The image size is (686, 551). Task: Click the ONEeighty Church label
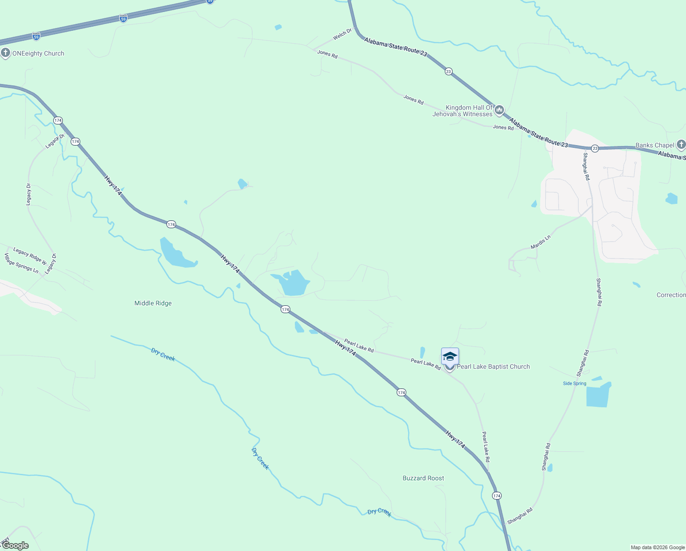pos(38,54)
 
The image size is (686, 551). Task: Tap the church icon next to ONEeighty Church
pos(6,53)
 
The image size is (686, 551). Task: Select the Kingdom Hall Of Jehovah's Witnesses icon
pos(499,110)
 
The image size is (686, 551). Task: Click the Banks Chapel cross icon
pos(681,145)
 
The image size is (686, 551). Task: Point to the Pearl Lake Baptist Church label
pos(493,366)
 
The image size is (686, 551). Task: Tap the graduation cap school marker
pos(450,357)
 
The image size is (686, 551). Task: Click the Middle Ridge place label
pos(153,303)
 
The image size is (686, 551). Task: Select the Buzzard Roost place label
pos(423,478)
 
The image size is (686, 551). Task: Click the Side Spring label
pos(575,383)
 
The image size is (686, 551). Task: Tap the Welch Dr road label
pos(342,34)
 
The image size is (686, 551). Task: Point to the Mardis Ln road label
pos(540,242)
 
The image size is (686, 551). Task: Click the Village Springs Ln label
pos(21,263)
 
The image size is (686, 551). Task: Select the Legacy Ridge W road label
pos(30,256)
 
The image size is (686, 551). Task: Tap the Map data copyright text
pos(658,547)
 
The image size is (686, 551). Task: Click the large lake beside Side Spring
pos(598,395)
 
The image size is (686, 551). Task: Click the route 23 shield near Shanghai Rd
pos(595,148)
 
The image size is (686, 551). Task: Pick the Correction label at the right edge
pos(671,295)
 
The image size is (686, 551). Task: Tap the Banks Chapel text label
pos(654,145)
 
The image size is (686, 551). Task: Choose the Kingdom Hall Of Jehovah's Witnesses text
pos(463,111)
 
